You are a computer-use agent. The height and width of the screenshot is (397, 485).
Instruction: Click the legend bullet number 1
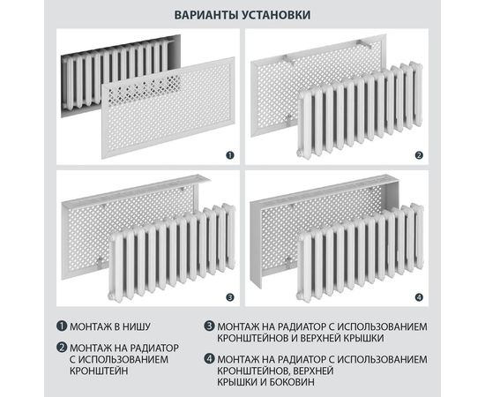63,327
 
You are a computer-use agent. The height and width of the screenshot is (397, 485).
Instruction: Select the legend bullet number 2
63,347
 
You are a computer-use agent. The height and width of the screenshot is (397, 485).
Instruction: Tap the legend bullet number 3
208,327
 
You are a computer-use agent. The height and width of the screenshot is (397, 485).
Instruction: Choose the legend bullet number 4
208,358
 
